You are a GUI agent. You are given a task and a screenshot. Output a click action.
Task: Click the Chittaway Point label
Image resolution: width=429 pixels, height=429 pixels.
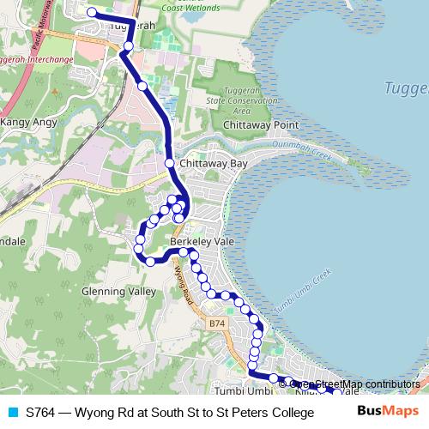[260, 125]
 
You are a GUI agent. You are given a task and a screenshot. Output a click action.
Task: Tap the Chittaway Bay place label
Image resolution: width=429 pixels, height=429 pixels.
[214, 163]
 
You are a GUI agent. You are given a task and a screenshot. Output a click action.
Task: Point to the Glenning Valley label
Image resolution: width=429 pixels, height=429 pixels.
[119, 291]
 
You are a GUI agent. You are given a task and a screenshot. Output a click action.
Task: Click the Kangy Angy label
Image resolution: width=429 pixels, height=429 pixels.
[28, 122]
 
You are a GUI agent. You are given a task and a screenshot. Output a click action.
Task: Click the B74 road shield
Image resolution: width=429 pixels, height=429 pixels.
[217, 323]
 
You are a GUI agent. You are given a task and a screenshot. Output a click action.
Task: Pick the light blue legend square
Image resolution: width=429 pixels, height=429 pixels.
[11, 413]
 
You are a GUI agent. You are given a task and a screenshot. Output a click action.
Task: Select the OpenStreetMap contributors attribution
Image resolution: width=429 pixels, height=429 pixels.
[354, 384]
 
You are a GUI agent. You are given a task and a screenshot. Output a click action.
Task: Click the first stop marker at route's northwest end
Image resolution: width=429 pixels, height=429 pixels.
[91, 13]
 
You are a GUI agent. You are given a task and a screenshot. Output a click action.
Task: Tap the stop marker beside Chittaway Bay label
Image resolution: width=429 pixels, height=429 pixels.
[170, 163]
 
